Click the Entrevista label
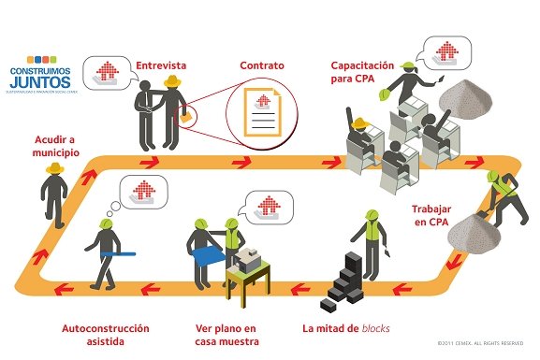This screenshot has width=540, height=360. point(161,65)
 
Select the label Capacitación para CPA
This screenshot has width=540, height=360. point(361,71)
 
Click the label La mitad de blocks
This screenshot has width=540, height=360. point(345,329)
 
